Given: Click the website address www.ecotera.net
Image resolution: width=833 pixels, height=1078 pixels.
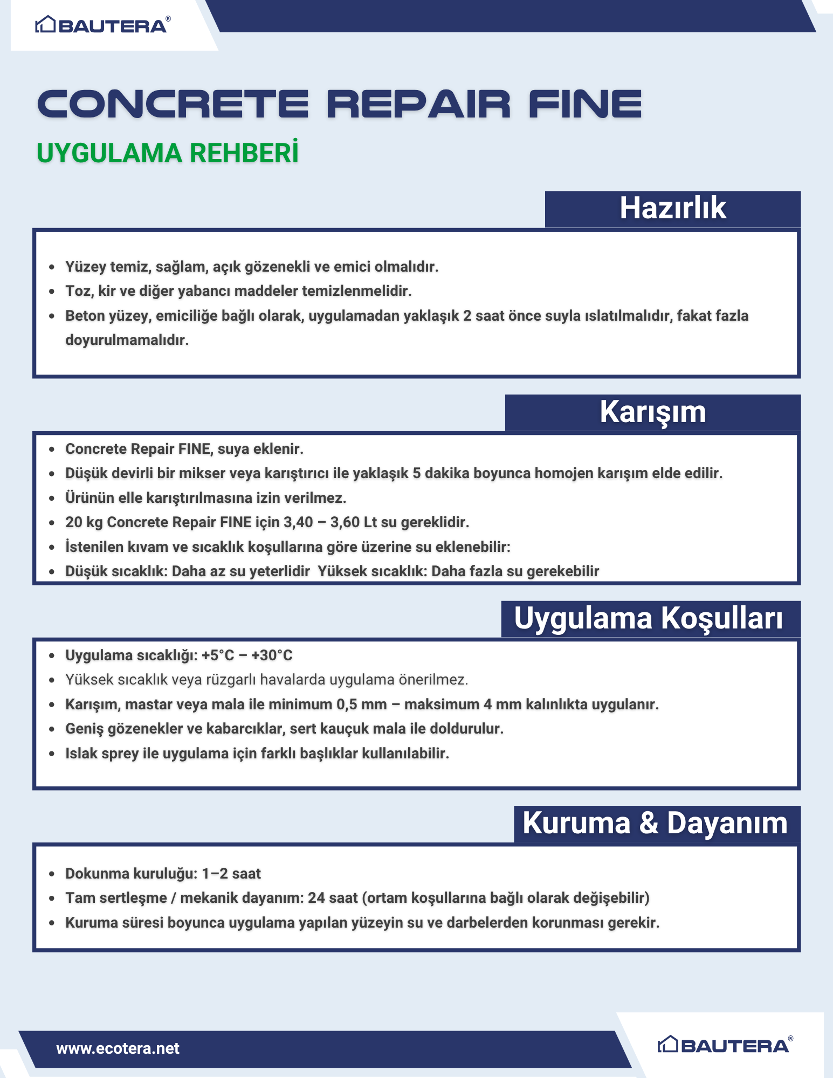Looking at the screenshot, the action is [x=118, y=1048].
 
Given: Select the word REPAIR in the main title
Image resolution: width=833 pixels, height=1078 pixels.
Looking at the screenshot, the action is [x=418, y=104].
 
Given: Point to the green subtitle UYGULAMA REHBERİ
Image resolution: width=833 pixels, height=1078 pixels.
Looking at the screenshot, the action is [x=167, y=153].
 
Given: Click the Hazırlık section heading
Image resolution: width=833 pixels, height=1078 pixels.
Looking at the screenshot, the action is [x=672, y=209].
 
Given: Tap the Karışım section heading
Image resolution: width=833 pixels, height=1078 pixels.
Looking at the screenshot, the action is [x=652, y=412].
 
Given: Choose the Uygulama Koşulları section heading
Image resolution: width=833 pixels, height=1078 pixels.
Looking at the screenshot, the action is [x=648, y=618].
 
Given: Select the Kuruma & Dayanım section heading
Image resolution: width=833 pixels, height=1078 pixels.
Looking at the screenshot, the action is [x=655, y=824].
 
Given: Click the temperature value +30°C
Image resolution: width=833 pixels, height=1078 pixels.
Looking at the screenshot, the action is [x=272, y=655].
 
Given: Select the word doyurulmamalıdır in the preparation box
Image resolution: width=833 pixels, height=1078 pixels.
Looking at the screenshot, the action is [x=127, y=340].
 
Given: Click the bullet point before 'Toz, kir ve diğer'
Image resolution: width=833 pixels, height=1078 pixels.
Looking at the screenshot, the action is [x=52, y=292].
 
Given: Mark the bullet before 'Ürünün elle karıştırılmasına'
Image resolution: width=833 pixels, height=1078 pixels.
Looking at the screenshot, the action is [x=52, y=498].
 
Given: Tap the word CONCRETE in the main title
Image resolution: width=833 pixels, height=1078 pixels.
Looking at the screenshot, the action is [x=173, y=104].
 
